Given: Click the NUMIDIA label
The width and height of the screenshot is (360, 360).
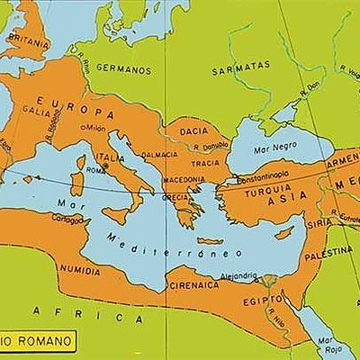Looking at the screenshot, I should click(x=78, y=269).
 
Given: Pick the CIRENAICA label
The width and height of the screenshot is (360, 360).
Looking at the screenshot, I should click(x=192, y=285).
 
